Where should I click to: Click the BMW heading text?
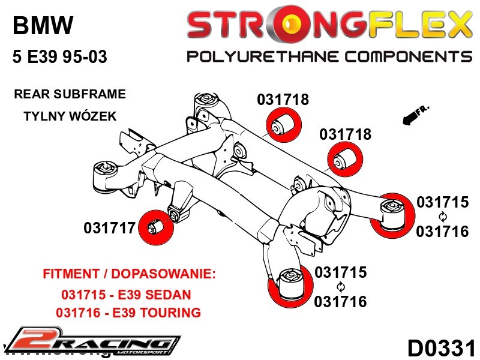[x=43, y=25]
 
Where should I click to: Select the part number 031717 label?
[x=109, y=228]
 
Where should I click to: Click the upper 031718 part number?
[x=283, y=100]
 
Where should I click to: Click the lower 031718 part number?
[x=345, y=134]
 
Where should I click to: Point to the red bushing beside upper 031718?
[x=283, y=126]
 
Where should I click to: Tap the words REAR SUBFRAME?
[x=70, y=94]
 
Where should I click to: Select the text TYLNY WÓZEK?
[x=70, y=116]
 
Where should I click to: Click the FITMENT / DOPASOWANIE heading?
[x=128, y=275]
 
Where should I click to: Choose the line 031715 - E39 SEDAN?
[x=126, y=295]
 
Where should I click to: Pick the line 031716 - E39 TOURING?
[x=128, y=313]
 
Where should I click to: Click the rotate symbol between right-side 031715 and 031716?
[x=443, y=217]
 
